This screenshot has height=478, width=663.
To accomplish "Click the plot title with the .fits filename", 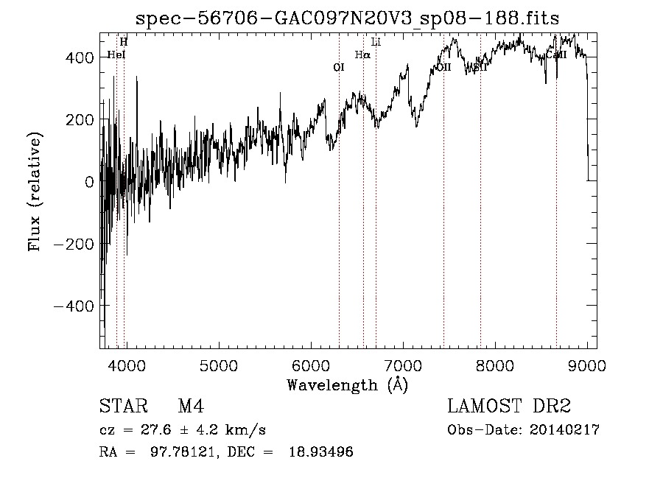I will pos(348,18).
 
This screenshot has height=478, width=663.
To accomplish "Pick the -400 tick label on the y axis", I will pos(74,306).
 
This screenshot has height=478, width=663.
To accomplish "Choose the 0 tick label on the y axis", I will pos(90,181).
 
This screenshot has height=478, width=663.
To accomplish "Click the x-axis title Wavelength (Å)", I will pos(348,384).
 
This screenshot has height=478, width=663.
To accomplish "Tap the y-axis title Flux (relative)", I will pos(35,191).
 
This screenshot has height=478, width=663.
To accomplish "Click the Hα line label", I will pos(362,55).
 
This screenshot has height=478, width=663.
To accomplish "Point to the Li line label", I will pos(376,41).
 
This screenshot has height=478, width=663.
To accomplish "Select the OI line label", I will pos(339,67).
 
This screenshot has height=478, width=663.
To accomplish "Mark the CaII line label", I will pos(556,55).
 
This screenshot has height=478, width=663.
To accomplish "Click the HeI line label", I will pos(116,55).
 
